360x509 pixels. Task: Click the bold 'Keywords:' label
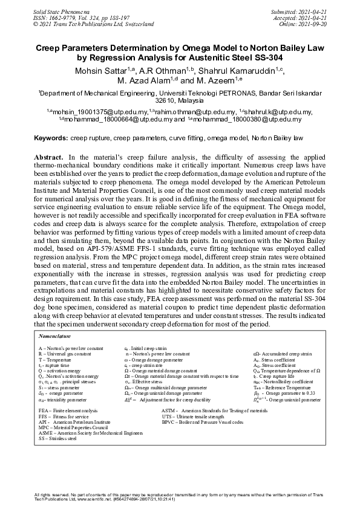(51, 138)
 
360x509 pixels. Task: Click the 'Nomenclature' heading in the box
(55, 335)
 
